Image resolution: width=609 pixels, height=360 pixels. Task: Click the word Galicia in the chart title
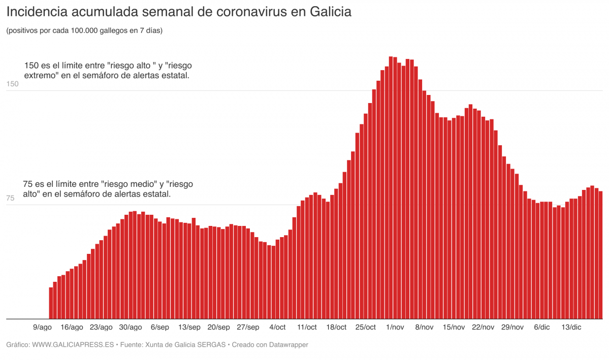click(328, 11)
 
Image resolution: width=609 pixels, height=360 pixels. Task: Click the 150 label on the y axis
click(12, 84)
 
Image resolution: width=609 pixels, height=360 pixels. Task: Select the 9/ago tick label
click(42, 327)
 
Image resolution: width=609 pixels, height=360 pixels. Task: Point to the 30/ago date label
click(131, 327)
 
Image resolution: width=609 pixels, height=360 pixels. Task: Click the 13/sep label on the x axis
click(189, 327)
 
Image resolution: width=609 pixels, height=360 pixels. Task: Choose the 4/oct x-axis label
click(277, 327)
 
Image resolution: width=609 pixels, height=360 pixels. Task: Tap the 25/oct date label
click(366, 327)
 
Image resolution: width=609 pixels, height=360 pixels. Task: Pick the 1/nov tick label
click(395, 327)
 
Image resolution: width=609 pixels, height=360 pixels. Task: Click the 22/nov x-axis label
click(483, 327)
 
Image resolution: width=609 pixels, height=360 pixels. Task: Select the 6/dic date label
click(541, 327)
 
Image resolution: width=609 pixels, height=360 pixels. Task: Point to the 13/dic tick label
click(571, 327)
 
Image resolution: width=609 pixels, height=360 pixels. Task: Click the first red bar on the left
click(51, 303)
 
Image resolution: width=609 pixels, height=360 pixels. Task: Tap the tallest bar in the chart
click(391, 188)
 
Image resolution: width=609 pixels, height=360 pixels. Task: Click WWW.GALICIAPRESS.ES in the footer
click(73, 345)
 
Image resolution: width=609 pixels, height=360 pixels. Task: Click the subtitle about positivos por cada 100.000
click(84, 30)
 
